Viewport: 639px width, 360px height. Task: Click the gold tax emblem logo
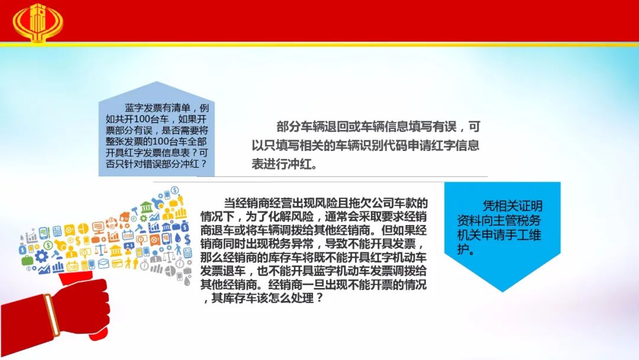[x=38, y=22]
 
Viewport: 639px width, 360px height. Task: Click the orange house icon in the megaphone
[x=125, y=216]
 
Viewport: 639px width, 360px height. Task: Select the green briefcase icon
[x=27, y=260]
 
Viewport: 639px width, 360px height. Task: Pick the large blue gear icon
[x=41, y=256]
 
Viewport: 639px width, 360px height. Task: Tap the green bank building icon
[x=146, y=207]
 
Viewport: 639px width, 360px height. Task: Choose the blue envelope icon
[x=104, y=263]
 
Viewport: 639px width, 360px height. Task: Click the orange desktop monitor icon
[x=98, y=227]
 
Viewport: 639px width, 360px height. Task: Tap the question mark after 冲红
[x=204, y=164]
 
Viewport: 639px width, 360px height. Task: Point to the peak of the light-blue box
[x=156, y=82]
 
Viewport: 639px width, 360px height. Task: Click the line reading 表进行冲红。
[x=285, y=164]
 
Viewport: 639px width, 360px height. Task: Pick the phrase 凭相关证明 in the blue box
[x=512, y=206]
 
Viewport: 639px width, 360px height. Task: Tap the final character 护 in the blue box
[x=464, y=249]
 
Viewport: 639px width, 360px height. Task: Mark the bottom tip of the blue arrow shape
[x=502, y=291]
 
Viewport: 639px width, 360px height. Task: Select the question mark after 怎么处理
[x=319, y=298]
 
